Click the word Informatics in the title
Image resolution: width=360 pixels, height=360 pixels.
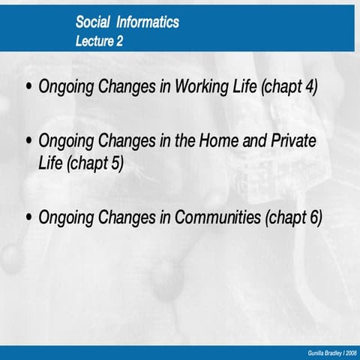pyautogui.click(x=148, y=22)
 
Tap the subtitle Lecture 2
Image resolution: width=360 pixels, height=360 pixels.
pyautogui.click(x=100, y=41)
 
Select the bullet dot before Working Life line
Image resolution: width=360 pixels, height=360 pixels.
pyautogui.click(x=29, y=86)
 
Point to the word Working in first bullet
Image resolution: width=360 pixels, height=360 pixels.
pyautogui.click(x=202, y=86)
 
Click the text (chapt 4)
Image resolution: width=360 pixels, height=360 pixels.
pyautogui.click(x=289, y=86)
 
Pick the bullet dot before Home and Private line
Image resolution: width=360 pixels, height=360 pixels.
pyautogui.click(x=29, y=141)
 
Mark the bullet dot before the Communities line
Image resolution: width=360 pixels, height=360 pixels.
pyautogui.click(x=29, y=217)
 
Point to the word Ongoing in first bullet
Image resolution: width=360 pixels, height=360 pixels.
pyautogui.click(x=65, y=86)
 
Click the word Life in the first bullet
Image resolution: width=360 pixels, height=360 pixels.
pyautogui.click(x=245, y=86)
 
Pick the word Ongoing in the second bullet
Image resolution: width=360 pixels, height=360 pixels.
pyautogui.click(x=65, y=141)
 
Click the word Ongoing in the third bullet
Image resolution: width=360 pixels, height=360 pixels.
pyautogui.click(x=65, y=217)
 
